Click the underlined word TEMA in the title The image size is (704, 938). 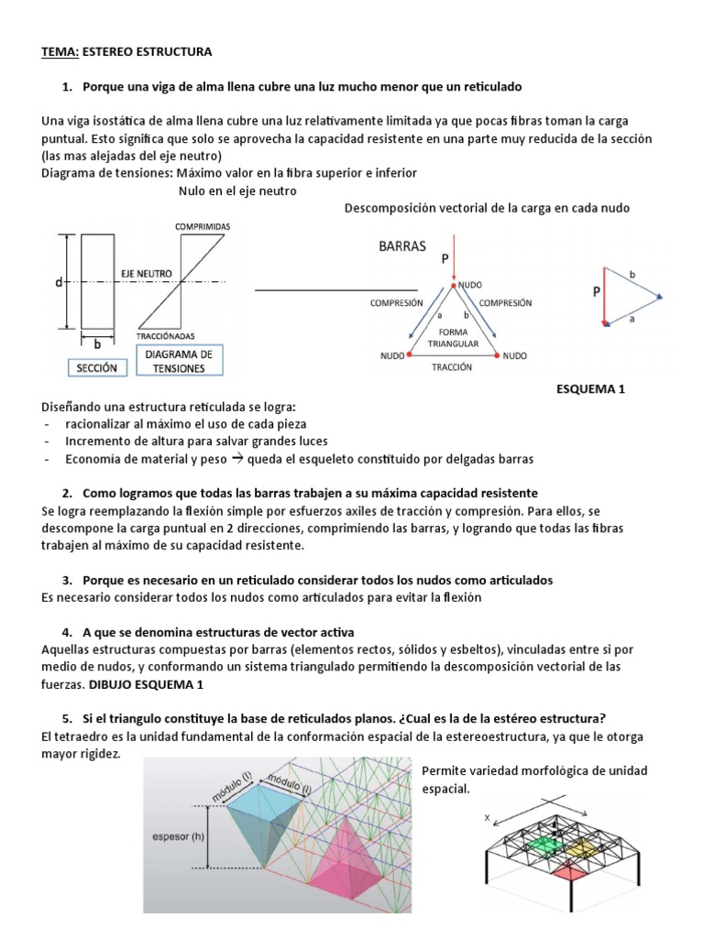[x=60, y=52]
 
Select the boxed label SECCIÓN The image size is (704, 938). [x=96, y=368]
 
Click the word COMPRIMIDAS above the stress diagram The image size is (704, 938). [x=202, y=225]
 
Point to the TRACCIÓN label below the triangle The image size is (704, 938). [x=449, y=366]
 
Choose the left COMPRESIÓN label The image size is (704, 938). [x=395, y=302]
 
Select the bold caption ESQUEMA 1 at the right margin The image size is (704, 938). [x=590, y=389]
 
